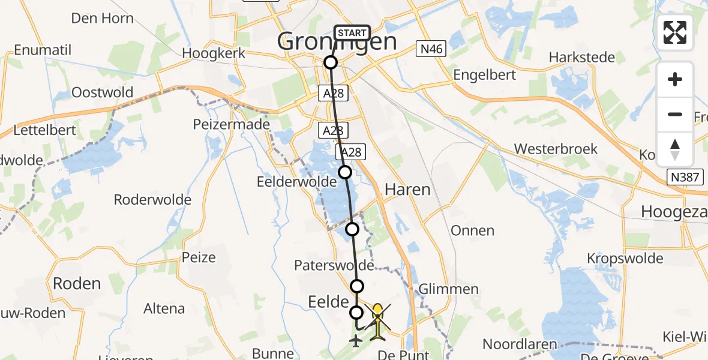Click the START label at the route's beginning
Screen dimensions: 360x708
352,33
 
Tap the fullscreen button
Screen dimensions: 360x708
675,32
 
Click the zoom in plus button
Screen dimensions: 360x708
675,79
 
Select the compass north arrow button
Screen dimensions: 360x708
675,149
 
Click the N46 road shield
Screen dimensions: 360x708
431,49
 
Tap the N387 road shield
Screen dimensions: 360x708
685,177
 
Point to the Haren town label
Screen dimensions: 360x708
407,190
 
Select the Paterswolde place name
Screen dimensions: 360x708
334,265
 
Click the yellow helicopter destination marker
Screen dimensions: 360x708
377,323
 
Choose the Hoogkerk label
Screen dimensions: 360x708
214,53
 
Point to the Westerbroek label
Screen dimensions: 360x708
556,149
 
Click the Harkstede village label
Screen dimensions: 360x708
582,58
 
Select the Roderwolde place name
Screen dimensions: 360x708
152,199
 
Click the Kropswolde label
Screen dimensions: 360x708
625,259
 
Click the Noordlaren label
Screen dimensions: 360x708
520,345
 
